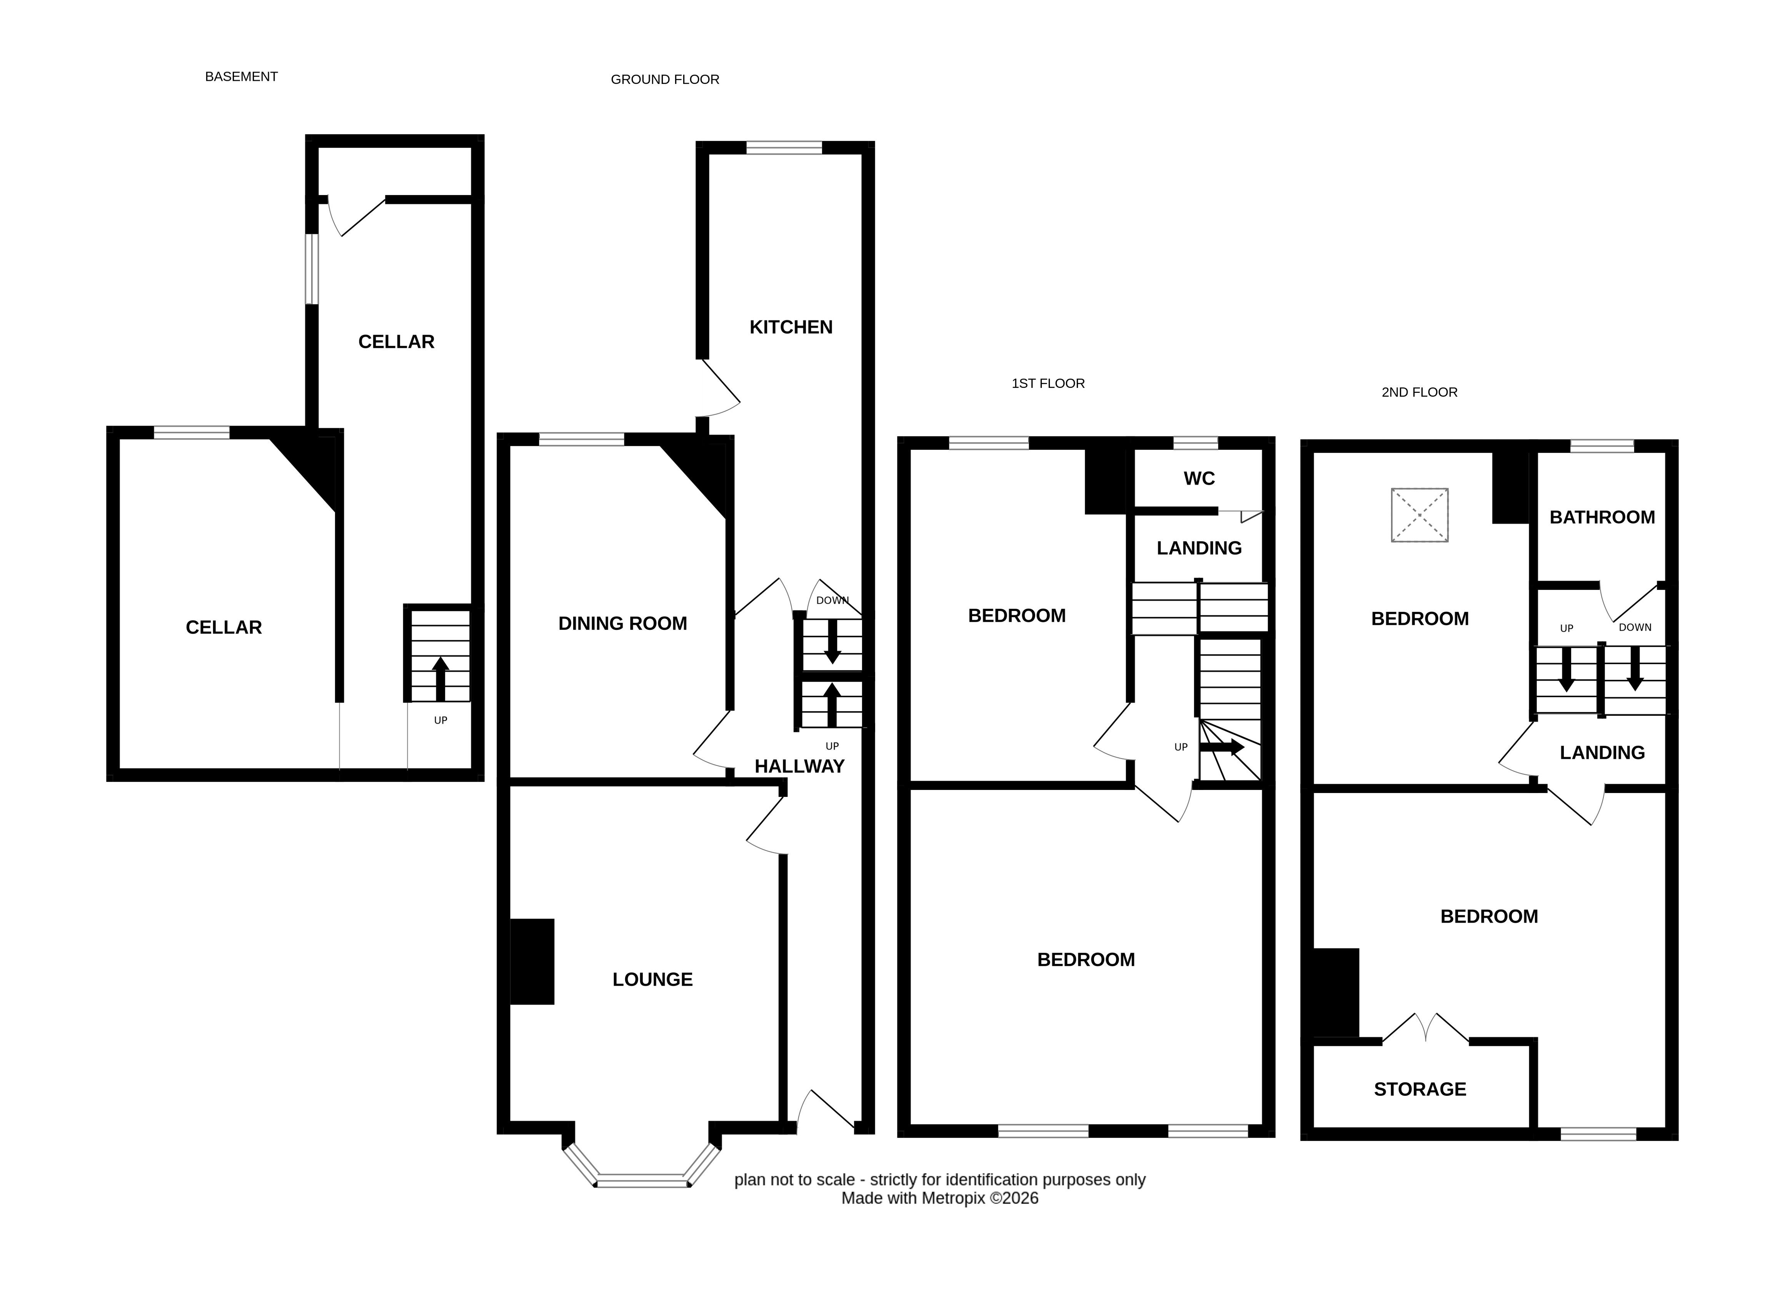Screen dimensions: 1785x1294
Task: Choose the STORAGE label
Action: click(x=1420, y=1089)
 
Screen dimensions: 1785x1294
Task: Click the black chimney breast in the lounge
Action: click(x=532, y=962)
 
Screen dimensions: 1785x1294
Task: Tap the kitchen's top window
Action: click(x=784, y=147)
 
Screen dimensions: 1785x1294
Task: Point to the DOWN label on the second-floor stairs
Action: click(x=1635, y=627)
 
